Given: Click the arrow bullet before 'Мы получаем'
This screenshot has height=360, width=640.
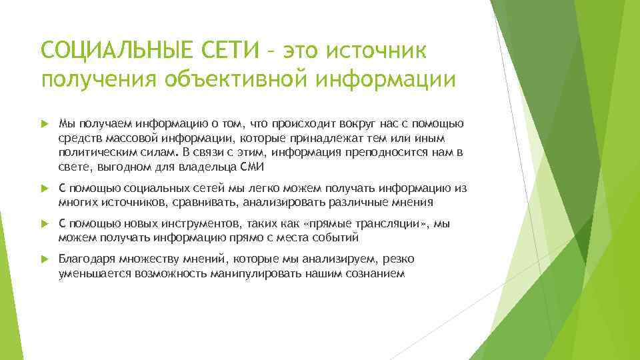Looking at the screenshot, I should coord(45,123).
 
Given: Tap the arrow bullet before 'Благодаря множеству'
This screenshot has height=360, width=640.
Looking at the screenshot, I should coord(45,259).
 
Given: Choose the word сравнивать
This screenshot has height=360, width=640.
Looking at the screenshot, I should coord(209,203).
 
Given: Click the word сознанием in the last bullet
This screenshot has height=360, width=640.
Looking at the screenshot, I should coord(376,273).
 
